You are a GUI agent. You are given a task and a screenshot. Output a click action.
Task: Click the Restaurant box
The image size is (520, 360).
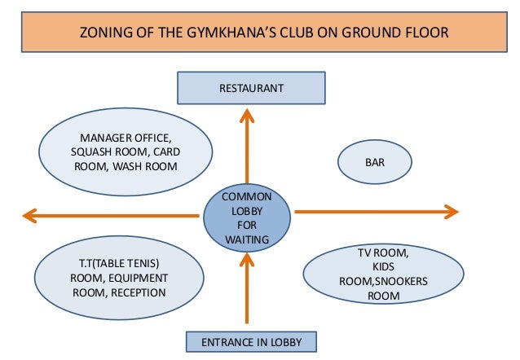click(251, 88)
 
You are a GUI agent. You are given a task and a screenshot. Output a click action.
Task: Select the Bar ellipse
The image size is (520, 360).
click(374, 162)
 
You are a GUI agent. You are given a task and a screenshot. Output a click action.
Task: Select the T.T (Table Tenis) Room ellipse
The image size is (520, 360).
click(119, 277)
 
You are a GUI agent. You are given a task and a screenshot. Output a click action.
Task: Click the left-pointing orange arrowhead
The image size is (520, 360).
click(30, 215)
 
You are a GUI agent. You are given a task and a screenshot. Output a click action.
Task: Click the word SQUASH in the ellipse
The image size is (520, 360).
click(91, 151)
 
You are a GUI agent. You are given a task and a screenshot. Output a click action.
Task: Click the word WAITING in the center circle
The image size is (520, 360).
click(246, 239)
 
